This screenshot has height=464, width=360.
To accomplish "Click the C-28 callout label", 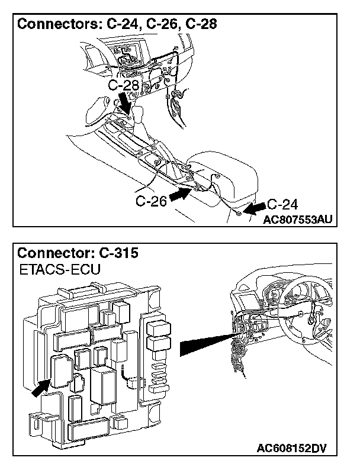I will [123, 86].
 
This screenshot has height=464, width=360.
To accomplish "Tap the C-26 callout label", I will [150, 201].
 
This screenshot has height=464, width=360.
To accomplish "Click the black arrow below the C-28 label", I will [126, 102].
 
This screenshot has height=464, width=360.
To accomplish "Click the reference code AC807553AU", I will [298, 219].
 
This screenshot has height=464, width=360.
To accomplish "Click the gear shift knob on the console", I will [141, 113].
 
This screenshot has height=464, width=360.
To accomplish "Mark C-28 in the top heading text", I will [199, 24].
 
